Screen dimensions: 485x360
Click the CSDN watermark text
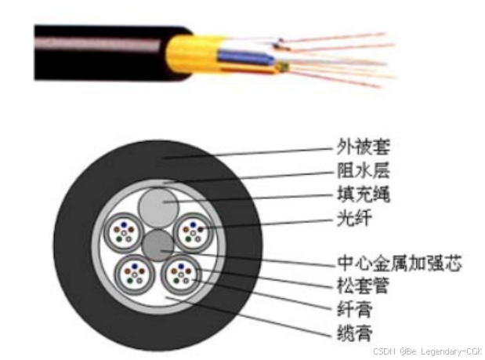(x=427, y=351)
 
